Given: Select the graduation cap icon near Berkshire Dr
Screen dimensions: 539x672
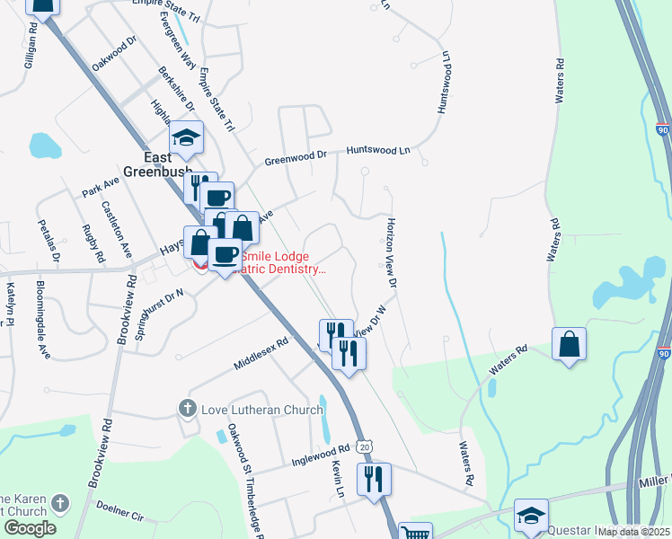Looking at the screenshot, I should click(x=186, y=137).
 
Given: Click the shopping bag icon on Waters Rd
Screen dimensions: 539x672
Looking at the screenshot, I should click(x=570, y=344).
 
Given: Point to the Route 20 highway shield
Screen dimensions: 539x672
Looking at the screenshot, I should click(x=363, y=446).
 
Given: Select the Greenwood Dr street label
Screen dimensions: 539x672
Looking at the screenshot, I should click(x=296, y=159).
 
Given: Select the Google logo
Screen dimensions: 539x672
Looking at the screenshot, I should click(x=30, y=528).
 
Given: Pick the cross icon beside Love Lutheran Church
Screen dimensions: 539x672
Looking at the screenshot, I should click(x=188, y=409).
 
